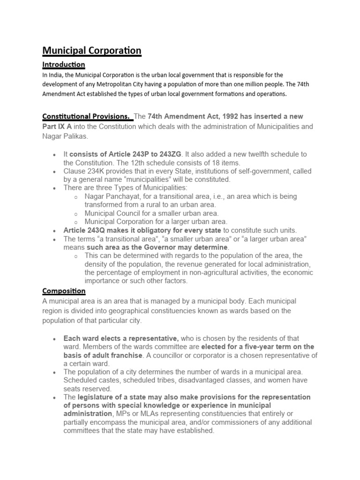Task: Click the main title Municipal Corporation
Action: click(92, 50)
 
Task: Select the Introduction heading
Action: click(64, 64)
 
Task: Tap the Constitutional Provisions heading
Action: click(87, 116)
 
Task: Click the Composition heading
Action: click(64, 291)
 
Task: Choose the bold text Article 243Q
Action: click(88, 230)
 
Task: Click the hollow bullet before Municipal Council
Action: click(75, 214)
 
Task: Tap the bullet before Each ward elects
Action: click(55, 339)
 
